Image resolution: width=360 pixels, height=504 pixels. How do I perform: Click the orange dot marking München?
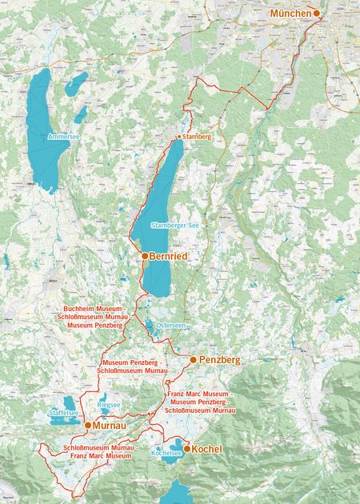click(x=317, y=14)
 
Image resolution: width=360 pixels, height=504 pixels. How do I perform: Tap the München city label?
click(x=290, y=14)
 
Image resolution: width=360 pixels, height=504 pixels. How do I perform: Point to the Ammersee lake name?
click(x=62, y=137)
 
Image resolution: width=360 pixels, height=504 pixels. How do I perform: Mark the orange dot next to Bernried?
click(x=144, y=255)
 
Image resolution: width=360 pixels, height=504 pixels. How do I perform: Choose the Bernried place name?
click(x=170, y=256)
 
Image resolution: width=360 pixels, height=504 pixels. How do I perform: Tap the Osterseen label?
click(x=171, y=326)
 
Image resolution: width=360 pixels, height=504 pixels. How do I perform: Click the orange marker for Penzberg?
click(x=193, y=360)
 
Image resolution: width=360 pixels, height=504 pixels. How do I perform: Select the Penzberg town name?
click(x=219, y=360)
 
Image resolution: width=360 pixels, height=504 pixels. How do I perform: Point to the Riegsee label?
click(x=109, y=406)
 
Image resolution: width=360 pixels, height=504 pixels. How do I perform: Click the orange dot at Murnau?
click(x=87, y=426)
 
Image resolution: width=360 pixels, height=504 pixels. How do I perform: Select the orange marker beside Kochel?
click(x=186, y=449)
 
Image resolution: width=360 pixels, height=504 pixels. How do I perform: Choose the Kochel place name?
click(x=207, y=450)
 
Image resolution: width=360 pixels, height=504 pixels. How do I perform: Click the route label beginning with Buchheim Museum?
click(x=94, y=317)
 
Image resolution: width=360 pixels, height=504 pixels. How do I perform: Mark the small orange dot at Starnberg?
click(x=178, y=138)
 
